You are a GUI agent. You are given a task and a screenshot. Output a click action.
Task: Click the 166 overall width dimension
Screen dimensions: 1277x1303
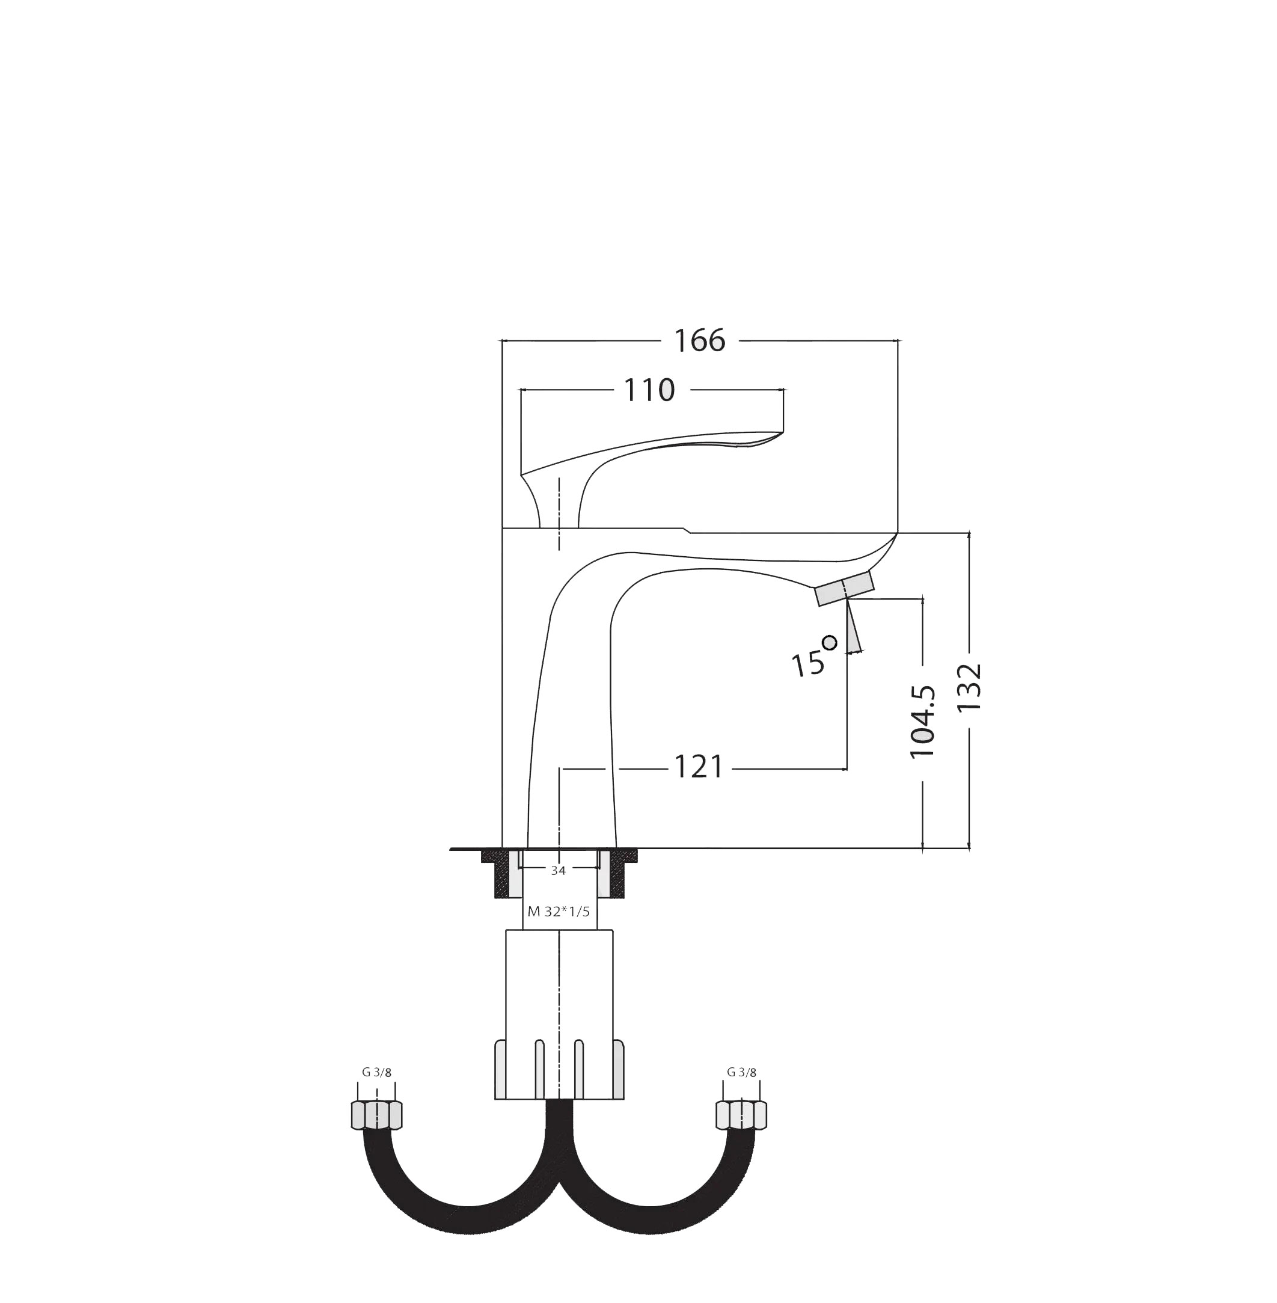coord(700,342)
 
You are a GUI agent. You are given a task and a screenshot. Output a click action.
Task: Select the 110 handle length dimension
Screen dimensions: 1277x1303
coord(649,390)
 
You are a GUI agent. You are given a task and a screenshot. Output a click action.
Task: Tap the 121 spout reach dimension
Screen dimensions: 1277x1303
coord(698,768)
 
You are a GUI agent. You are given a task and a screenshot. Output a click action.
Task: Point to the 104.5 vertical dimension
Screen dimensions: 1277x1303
coord(923,722)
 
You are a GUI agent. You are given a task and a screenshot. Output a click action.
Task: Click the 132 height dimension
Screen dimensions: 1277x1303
coord(970,687)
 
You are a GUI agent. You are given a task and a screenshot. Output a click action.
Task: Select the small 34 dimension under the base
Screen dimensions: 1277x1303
coord(558,871)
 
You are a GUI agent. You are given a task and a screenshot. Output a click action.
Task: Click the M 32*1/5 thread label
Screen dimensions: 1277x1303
coord(559,912)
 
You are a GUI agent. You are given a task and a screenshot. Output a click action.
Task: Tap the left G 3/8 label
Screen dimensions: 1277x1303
coord(376,1072)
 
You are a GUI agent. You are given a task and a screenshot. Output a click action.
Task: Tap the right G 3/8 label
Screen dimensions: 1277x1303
coord(741,1072)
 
